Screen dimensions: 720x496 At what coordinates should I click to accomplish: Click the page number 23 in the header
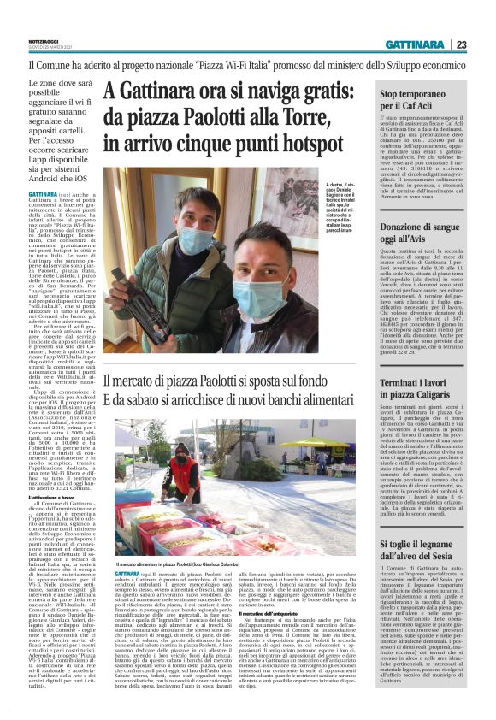pos(461,44)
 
